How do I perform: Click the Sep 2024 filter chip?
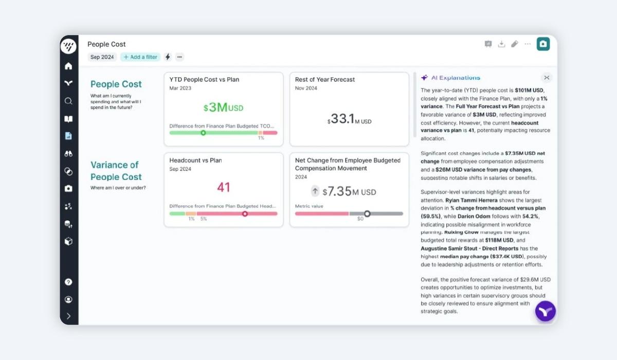point(102,57)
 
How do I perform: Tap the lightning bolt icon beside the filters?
point(168,57)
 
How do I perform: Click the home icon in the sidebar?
point(68,66)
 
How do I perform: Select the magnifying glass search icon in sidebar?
point(68,101)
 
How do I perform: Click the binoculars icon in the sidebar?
point(68,154)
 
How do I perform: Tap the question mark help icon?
point(68,282)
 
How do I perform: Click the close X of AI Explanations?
point(547,78)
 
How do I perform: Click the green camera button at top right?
point(543,44)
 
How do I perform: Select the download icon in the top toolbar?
point(502,44)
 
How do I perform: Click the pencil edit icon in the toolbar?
point(515,44)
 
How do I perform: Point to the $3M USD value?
point(223,107)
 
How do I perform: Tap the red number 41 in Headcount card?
point(223,187)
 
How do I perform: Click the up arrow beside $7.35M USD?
point(315,191)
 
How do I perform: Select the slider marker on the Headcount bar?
point(245,214)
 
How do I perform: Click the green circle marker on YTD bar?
point(203,133)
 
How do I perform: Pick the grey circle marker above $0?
point(367,214)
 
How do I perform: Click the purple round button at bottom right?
point(546,311)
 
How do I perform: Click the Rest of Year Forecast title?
point(325,80)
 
